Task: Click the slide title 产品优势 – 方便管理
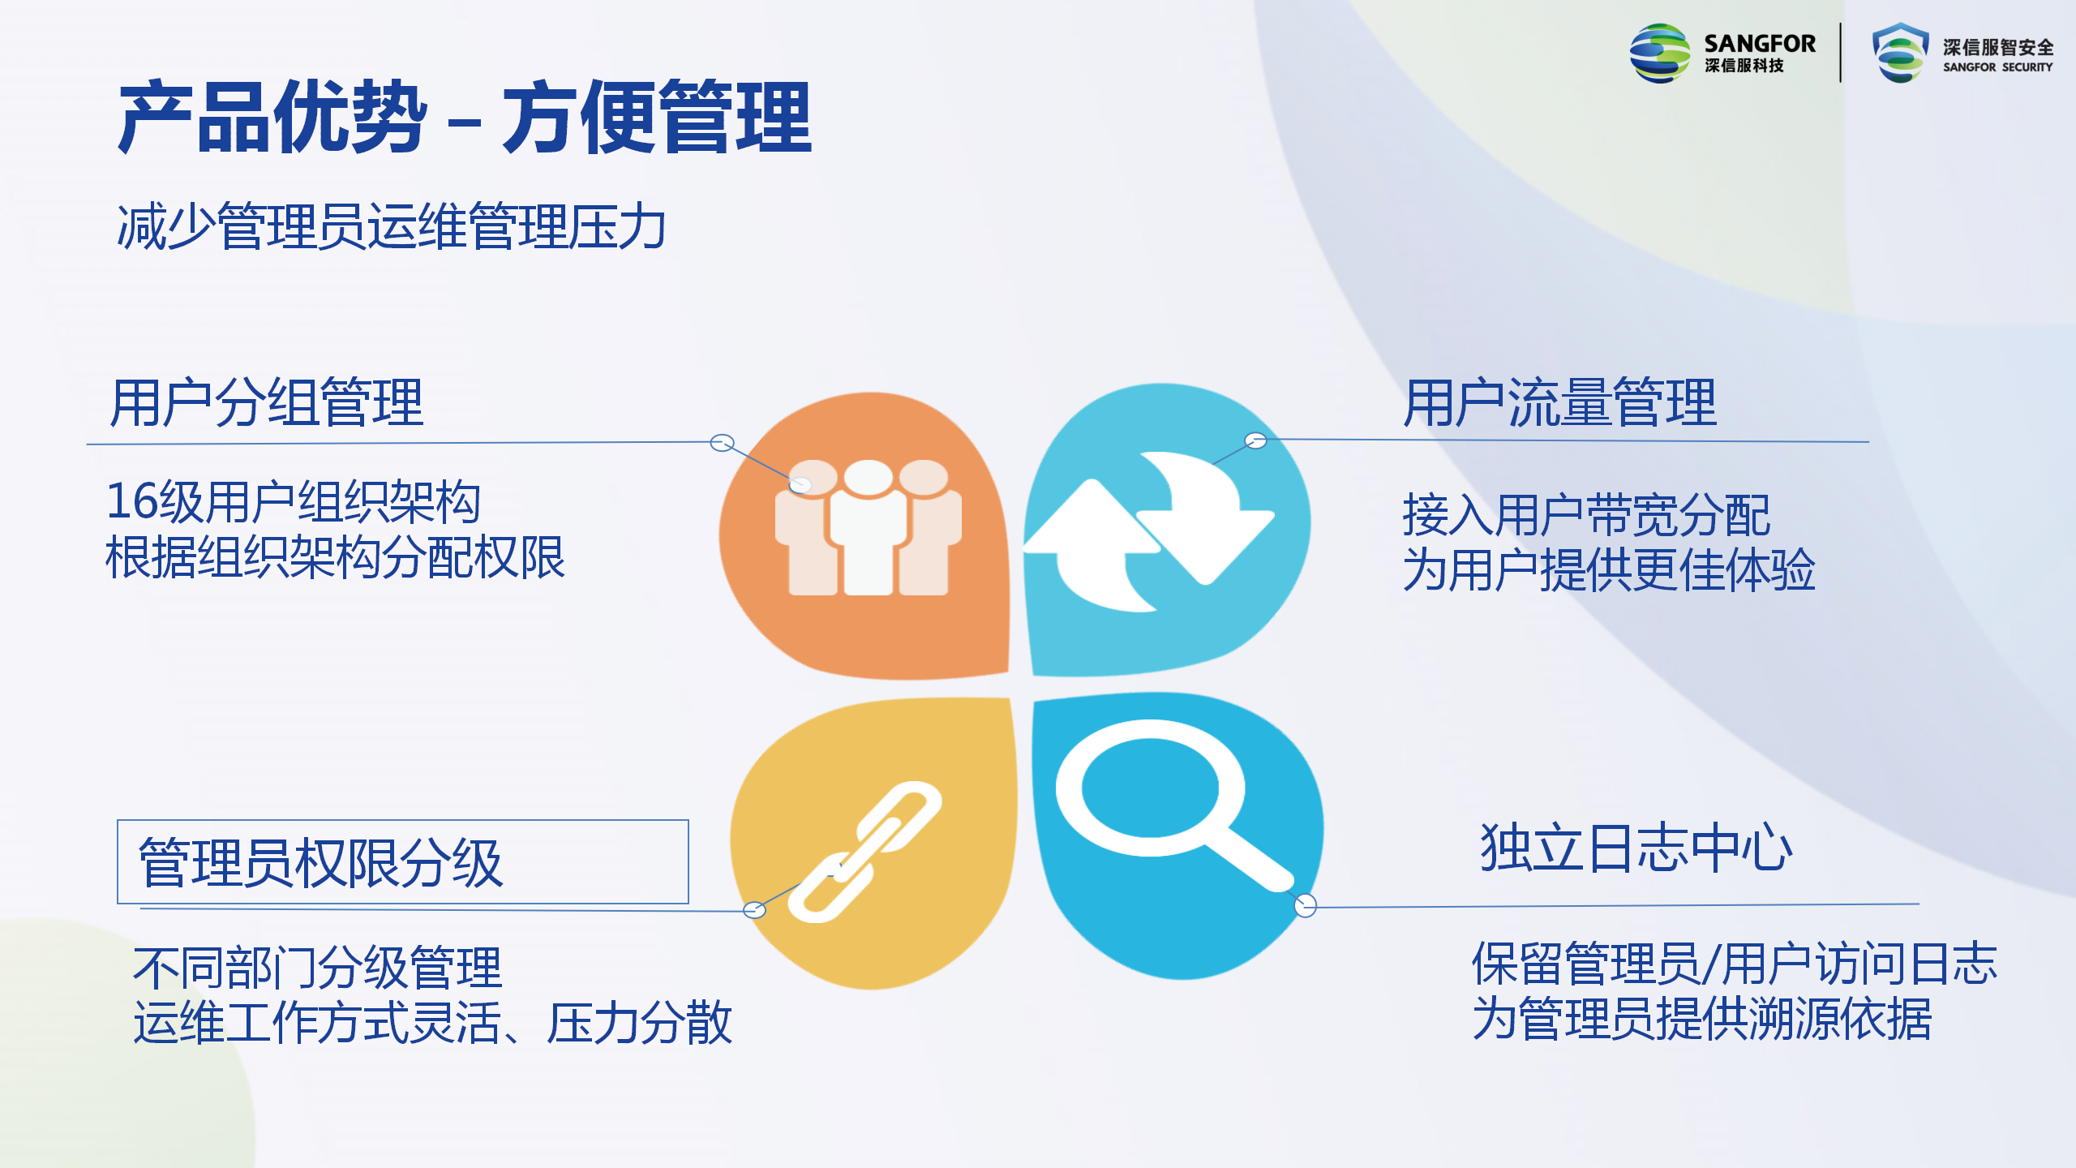tap(465, 118)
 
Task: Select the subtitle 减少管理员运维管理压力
tap(392, 226)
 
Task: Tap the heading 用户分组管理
tap(267, 402)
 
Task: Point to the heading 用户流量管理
tap(1559, 402)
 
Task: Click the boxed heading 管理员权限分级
tap(321, 862)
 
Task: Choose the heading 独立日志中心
tap(1636, 848)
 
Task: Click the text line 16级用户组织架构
tap(294, 501)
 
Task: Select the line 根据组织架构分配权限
tap(335, 557)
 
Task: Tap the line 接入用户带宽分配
tap(1586, 515)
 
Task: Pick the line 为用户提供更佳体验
tap(1609, 569)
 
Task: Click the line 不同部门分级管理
tap(318, 968)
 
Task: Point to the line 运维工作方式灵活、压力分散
tap(433, 1022)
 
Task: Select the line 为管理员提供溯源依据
tap(1702, 1019)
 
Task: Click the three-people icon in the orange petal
tap(869, 527)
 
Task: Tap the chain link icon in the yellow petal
tap(865, 852)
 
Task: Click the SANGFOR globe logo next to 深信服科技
tap(1660, 54)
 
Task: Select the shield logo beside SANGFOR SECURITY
tap(1900, 53)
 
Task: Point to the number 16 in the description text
tap(132, 501)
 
